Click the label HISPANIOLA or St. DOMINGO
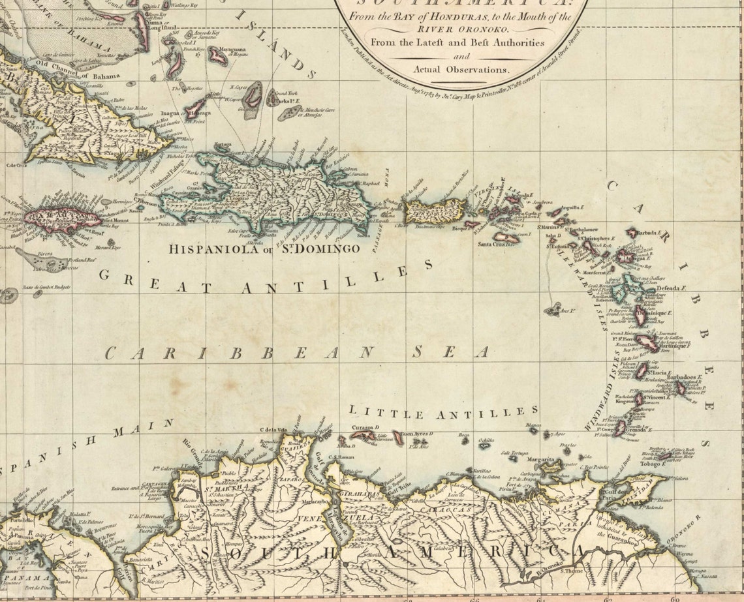(x=264, y=248)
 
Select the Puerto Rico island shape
(x=435, y=210)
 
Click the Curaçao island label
(x=362, y=427)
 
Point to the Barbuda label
(x=649, y=232)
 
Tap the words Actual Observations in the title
(x=461, y=68)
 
